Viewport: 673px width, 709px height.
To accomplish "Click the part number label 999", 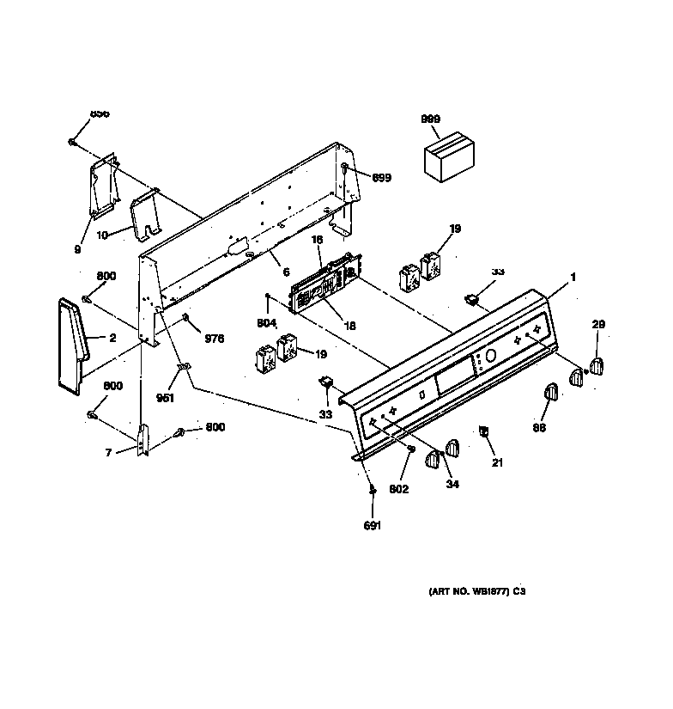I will point(430,119).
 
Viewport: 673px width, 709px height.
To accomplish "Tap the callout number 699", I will point(381,177).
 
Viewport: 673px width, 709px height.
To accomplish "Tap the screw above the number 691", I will point(371,491).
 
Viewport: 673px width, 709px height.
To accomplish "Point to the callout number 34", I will point(452,484).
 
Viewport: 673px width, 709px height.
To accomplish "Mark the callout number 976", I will point(213,339).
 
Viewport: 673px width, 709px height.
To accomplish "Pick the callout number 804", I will point(266,324).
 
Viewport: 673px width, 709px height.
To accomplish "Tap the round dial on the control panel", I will point(489,356).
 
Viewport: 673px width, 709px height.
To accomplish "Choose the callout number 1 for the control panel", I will point(573,277).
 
